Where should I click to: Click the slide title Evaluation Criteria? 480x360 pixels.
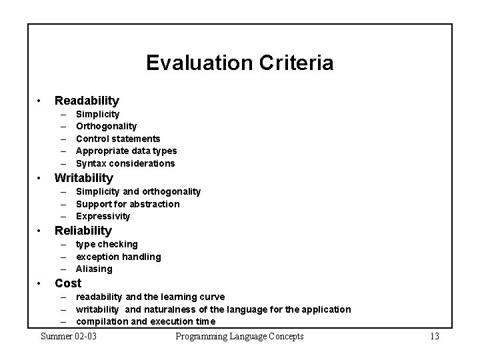(x=239, y=63)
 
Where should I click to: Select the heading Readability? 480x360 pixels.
(x=87, y=101)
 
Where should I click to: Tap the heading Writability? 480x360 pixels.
(x=84, y=178)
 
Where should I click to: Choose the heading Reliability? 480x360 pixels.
(x=83, y=231)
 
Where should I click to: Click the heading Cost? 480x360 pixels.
(x=68, y=283)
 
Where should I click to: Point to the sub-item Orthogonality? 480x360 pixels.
(x=106, y=126)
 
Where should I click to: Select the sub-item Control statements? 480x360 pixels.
(x=118, y=139)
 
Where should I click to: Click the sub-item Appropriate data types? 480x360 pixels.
(x=126, y=151)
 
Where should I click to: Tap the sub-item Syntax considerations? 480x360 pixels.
(x=125, y=163)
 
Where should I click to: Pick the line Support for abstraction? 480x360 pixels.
(x=127, y=204)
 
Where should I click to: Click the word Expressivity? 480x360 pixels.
(x=103, y=216)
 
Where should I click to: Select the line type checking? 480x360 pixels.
(x=107, y=244)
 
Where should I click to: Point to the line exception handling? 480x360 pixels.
(x=118, y=257)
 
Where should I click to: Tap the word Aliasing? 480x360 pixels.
(x=94, y=269)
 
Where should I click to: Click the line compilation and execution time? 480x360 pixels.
(x=145, y=321)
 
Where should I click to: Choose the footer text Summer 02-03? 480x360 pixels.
(x=69, y=336)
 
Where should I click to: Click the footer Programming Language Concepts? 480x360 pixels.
(x=239, y=336)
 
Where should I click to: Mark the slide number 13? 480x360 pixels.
(x=434, y=336)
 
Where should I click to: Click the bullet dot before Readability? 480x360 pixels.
(x=40, y=101)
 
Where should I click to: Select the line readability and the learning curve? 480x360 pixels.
(x=150, y=297)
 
